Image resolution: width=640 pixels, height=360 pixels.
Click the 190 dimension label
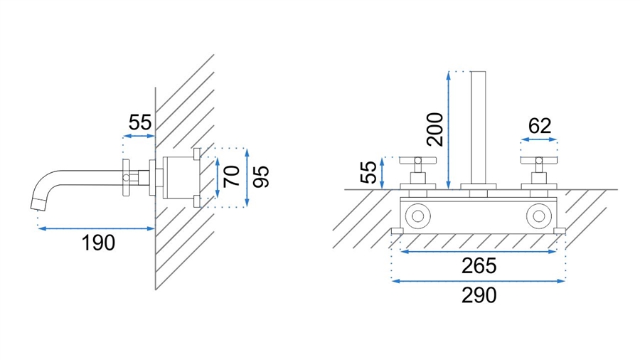[x=98, y=243]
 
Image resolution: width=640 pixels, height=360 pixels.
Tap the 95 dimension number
[x=261, y=176]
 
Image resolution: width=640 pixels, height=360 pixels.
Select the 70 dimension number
[x=233, y=176]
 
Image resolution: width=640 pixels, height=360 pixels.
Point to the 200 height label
[x=434, y=129]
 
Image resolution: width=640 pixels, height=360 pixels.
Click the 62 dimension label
[x=540, y=126]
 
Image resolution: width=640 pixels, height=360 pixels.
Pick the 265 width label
[x=479, y=265]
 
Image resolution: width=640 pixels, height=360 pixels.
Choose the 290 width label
[x=479, y=295]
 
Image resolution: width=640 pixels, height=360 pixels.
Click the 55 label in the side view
[x=140, y=122]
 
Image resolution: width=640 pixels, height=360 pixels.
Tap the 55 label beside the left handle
[x=368, y=172]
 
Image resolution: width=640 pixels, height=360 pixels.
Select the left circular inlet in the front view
[x=417, y=216]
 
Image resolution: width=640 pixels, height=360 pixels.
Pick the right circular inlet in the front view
[x=539, y=216]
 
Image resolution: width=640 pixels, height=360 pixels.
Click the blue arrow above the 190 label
[x=96, y=228]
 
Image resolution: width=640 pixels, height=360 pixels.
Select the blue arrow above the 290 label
[x=479, y=281]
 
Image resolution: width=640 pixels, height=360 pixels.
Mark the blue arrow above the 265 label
[x=479, y=251]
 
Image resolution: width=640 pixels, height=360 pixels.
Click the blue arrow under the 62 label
[x=539, y=139]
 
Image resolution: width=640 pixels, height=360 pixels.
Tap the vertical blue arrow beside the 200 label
[x=449, y=130]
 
